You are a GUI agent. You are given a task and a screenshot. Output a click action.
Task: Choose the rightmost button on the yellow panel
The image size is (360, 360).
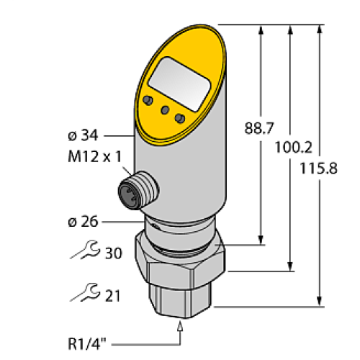click(180, 117)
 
